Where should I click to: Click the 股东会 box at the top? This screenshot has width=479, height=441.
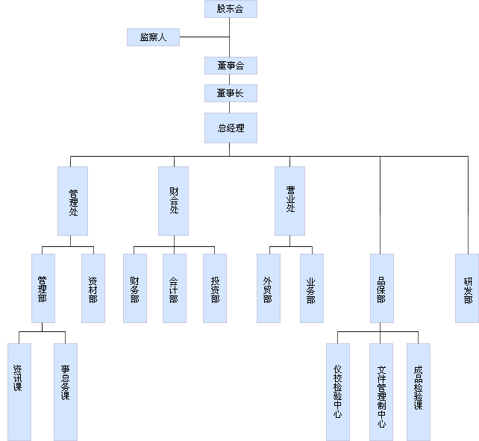[x=231, y=9]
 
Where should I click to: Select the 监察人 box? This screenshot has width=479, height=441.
[x=153, y=37]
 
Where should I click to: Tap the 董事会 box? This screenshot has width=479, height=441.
[x=231, y=66]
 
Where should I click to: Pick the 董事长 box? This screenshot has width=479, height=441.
[x=231, y=93]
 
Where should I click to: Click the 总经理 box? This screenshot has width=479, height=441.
[x=231, y=128]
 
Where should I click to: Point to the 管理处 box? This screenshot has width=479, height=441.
[x=72, y=201]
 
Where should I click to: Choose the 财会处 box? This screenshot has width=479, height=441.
[x=173, y=201]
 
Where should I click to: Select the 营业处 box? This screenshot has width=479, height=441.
[x=289, y=201]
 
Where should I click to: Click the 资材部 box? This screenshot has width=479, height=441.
[x=93, y=288]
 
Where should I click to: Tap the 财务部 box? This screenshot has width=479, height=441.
[x=134, y=288]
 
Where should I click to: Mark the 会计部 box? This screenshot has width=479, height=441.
[x=174, y=288]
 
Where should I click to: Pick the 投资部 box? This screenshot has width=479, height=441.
[x=215, y=288]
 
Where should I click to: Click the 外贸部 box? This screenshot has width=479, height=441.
[x=269, y=288]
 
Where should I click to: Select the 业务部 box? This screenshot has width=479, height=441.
[x=312, y=288]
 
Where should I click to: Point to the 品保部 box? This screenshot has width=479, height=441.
[x=381, y=288]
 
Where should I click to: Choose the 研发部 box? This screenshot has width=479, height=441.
[x=467, y=288]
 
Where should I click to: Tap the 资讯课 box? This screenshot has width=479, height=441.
[x=19, y=391]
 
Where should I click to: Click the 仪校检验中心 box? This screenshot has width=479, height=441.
[x=337, y=391]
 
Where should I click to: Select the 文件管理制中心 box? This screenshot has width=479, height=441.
[x=381, y=391]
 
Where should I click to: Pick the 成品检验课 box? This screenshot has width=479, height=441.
[x=418, y=391]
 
